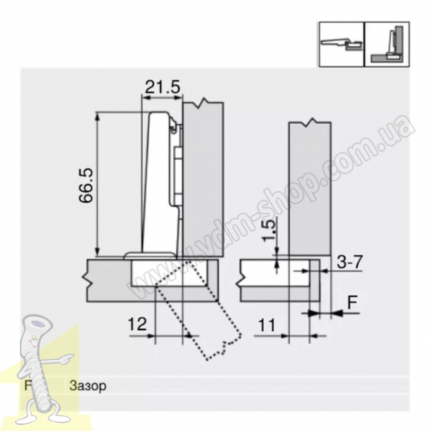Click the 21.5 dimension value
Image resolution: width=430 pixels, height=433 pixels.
coord(162,87)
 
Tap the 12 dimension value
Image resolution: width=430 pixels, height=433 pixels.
coord(137,324)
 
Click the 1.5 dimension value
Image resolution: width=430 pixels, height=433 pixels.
coord(270,229)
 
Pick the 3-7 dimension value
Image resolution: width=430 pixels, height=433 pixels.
coord(349,262)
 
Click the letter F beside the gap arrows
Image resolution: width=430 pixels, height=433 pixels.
coord(352,302)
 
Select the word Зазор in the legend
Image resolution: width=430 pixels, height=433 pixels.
coord(87,386)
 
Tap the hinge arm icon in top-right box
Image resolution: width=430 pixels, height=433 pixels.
coord(341,44)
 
